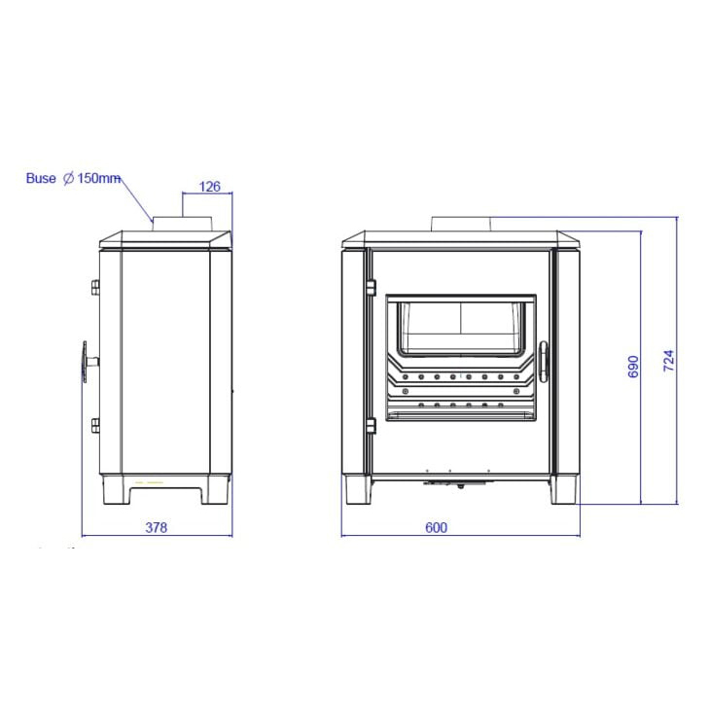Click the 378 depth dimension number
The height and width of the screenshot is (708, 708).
(157, 527)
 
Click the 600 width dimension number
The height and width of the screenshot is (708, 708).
(436, 527)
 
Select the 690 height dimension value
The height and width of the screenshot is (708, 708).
(633, 367)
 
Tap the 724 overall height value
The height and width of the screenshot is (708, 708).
(669, 360)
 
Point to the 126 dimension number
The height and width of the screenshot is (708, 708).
(209, 187)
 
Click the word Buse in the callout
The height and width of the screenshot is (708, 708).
(41, 178)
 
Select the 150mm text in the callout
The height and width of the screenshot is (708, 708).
(98, 178)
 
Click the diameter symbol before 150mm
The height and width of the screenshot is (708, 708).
(68, 178)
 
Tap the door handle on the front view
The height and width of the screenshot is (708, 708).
(544, 362)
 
